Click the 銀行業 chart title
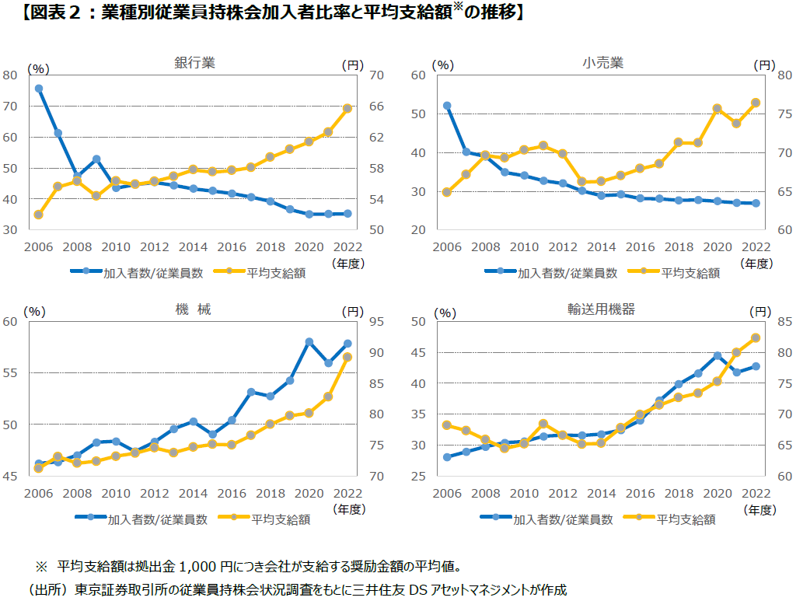click(x=194, y=63)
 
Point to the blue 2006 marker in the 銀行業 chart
click(x=39, y=89)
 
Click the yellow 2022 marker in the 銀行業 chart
click(x=347, y=108)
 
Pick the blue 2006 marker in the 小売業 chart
click(x=447, y=106)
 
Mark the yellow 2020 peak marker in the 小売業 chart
click(x=717, y=109)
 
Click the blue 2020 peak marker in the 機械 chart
click(x=309, y=342)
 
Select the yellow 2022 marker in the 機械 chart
click(x=347, y=357)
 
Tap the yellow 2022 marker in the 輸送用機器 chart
click(x=756, y=337)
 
